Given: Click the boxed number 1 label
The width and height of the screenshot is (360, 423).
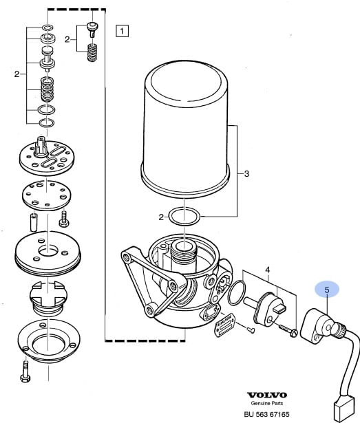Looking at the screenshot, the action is pos(122,31).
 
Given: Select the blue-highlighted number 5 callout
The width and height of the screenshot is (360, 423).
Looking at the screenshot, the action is pos(327,290).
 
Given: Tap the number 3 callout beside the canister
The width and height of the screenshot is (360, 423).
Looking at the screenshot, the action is pos(246,174).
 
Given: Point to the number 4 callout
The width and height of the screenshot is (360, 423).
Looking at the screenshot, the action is pos(267,270).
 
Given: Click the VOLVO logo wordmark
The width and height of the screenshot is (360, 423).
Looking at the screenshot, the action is pos(267,395).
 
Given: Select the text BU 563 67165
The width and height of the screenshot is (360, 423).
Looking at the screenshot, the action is pos(266,414).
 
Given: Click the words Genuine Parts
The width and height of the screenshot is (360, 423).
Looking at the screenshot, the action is pos(267,403).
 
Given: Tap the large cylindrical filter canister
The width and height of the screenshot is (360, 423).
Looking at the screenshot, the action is pos(185,129).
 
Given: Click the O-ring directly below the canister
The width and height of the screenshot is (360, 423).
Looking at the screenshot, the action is pos(184,217).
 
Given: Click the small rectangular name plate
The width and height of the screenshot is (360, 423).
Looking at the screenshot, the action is pos(224,325).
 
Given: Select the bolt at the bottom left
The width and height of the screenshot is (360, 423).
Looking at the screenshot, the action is pos(25,371).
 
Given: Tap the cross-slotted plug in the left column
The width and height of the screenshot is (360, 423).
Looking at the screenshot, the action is pos(47,298).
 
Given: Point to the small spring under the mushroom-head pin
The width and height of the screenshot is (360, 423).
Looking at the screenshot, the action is pos(92,52).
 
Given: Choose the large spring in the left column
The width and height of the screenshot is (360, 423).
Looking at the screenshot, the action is pos(47,89).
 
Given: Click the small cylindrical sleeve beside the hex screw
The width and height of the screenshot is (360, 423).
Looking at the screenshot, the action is pos(34,222).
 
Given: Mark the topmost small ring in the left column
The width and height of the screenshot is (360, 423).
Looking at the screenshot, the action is pos(47,28).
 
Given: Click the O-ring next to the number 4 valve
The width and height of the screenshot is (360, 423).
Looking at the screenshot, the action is pos(237,293).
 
